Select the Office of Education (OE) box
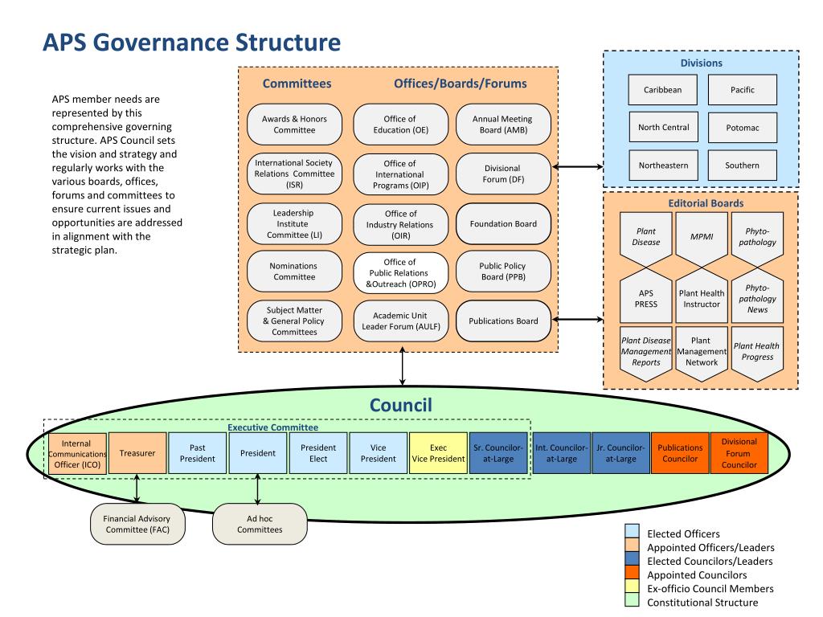[400, 124]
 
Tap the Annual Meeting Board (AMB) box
[503, 124]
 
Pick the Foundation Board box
[503, 224]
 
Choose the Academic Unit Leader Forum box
[400, 321]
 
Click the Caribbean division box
[663, 90]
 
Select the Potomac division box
[742, 128]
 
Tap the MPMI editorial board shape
[701, 237]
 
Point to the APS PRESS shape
[646, 298]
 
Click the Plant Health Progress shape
[756, 351]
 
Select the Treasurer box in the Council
[137, 454]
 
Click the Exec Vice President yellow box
[438, 454]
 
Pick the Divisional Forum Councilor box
[739, 453]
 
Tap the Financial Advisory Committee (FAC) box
[137, 524]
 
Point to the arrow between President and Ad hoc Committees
[257, 488]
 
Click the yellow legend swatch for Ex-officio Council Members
[633, 589]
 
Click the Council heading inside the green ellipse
[401, 406]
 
